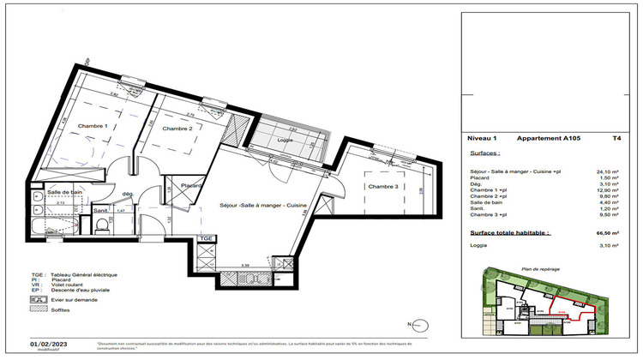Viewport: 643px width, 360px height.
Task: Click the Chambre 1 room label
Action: tap(93, 126)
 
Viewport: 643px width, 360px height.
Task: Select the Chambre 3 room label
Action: tap(382, 186)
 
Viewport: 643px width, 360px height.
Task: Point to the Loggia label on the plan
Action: tap(285, 139)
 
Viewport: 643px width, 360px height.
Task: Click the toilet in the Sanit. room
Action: tap(102, 224)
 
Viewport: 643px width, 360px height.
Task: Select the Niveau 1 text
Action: tap(484, 137)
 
